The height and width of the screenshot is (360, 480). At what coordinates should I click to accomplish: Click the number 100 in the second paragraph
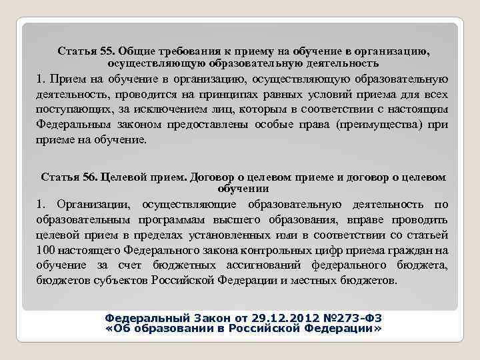(45, 250)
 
